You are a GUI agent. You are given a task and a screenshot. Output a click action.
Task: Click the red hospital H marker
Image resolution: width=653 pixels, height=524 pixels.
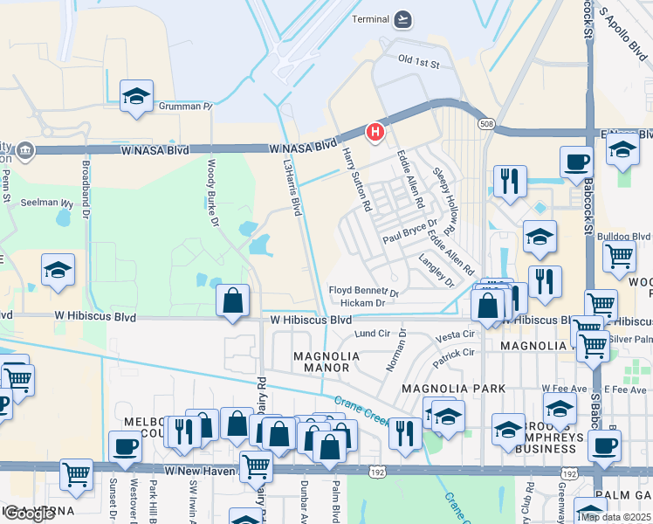coord(375,132)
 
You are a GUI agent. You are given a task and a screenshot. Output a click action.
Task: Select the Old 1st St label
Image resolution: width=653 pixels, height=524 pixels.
coord(418,60)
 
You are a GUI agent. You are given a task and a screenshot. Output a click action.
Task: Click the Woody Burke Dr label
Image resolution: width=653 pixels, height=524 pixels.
coord(212,190)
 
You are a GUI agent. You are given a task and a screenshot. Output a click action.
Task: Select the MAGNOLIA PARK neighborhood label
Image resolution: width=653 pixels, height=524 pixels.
coord(442,387)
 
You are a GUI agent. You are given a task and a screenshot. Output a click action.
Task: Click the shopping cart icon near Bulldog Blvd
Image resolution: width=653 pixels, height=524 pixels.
coord(619,257)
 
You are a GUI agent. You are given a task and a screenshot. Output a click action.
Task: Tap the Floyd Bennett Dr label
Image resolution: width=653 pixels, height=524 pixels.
coord(363,290)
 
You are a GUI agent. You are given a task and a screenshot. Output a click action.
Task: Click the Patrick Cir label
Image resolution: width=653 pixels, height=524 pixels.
coord(457,353)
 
